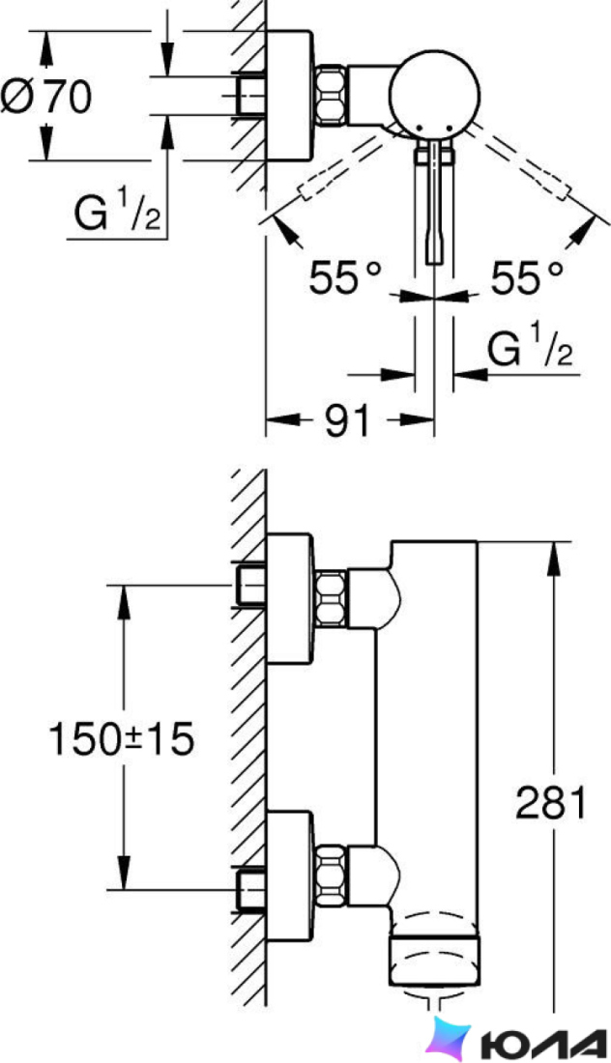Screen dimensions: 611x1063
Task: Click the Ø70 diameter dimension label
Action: [45, 97]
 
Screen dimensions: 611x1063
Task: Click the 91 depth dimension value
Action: [347, 420]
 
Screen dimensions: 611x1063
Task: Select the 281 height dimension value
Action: [550, 803]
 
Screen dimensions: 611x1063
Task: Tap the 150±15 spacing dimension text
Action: [122, 738]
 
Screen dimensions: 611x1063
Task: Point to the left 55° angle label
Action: [345, 277]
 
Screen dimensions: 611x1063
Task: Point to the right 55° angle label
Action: [527, 277]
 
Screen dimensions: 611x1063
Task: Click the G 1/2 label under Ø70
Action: [117, 210]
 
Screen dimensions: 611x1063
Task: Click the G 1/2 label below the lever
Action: [531, 346]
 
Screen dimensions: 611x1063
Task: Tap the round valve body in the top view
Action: [434, 96]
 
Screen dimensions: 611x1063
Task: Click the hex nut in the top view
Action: [332, 95]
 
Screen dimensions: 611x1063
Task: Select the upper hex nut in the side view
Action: [332, 598]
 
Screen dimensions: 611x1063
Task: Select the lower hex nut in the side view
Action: [332, 876]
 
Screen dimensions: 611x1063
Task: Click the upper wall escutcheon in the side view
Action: [290, 597]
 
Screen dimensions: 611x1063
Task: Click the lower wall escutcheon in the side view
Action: [290, 876]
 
